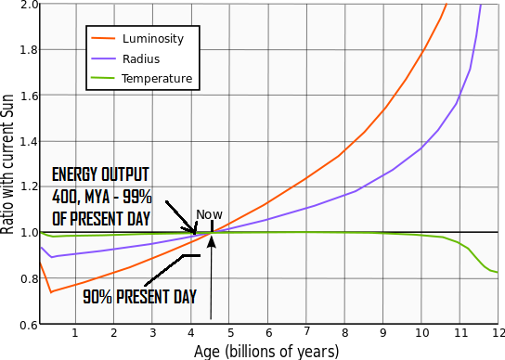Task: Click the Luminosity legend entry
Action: click(153, 39)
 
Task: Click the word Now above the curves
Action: click(209, 214)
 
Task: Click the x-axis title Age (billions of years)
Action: click(266, 351)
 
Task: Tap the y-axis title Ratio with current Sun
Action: click(8, 162)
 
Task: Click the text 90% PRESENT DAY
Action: click(139, 298)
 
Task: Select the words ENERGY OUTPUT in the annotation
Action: click(99, 174)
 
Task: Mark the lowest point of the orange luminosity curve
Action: click(49, 292)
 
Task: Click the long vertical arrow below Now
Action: click(212, 278)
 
